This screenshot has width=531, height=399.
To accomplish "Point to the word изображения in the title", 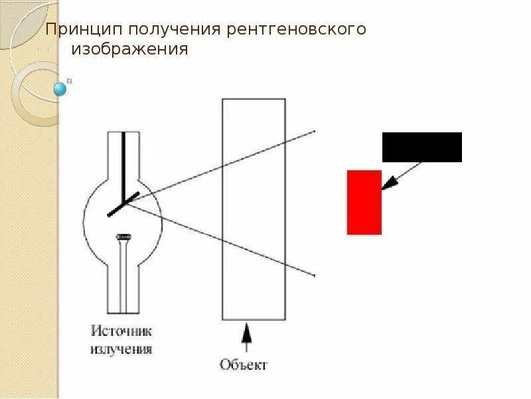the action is (130, 50).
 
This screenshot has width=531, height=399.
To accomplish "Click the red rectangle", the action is (364, 202).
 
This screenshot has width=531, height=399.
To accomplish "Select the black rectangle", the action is (421, 147).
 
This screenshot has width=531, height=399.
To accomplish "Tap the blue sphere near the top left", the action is (60, 88).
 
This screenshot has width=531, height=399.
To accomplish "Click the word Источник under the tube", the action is (122, 331).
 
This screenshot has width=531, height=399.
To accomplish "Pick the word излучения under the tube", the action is (122, 348).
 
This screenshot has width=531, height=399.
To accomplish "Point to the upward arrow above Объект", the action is (246, 336).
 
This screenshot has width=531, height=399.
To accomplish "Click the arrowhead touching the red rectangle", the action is (388, 184).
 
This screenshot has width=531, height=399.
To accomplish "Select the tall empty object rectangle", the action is (254, 209).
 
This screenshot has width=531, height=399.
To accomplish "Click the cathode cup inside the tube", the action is (123, 236).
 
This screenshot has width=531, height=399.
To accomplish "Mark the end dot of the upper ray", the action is (314, 131).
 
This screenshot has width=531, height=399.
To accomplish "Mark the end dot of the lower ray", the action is (314, 275).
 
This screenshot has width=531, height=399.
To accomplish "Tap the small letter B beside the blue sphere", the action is (70, 80).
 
